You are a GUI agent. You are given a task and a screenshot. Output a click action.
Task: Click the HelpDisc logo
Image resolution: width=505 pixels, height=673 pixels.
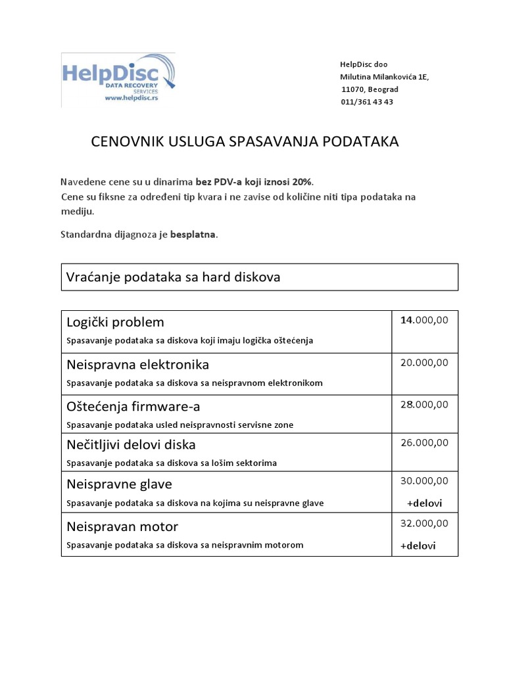pos(118,79)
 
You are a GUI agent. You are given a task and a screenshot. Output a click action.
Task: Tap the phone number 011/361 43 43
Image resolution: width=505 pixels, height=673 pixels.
pos(367,102)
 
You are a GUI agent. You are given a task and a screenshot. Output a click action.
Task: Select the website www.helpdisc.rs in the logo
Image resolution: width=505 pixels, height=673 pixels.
pos(132,98)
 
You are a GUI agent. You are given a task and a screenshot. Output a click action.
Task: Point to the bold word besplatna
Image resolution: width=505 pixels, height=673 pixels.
pos(193,234)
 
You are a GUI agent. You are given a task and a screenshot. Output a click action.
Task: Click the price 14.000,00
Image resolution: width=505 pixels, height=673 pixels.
pos(424,320)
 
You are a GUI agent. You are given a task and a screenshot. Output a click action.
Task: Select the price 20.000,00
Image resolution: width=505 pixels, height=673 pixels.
pos(424,362)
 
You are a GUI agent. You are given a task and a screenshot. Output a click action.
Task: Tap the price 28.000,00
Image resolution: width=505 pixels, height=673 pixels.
pos(424,404)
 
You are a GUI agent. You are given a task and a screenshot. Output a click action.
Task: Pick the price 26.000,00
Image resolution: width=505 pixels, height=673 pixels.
pos(424,442)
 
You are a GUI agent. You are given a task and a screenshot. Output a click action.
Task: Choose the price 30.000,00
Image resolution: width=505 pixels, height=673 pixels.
pos(424,481)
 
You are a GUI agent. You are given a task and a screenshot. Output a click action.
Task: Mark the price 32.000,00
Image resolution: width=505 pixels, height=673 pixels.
pos(424,523)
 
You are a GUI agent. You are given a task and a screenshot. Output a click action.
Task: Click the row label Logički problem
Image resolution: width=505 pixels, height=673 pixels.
pos(116,322)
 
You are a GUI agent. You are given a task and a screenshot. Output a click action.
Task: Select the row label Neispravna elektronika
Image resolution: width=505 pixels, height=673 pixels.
pos(138,364)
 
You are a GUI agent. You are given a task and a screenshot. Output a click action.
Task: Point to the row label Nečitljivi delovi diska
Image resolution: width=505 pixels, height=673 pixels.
pos(132,445)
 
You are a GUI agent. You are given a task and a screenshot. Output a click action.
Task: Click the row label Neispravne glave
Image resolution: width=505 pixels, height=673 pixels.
pos(120,484)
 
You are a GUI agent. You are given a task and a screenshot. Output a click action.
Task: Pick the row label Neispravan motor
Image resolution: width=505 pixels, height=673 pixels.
pos(122,526)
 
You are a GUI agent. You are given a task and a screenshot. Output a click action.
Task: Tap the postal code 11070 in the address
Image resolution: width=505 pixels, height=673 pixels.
pos(352,89)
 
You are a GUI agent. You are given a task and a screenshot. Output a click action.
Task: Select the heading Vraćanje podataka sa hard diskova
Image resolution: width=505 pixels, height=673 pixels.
pos(174,277)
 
